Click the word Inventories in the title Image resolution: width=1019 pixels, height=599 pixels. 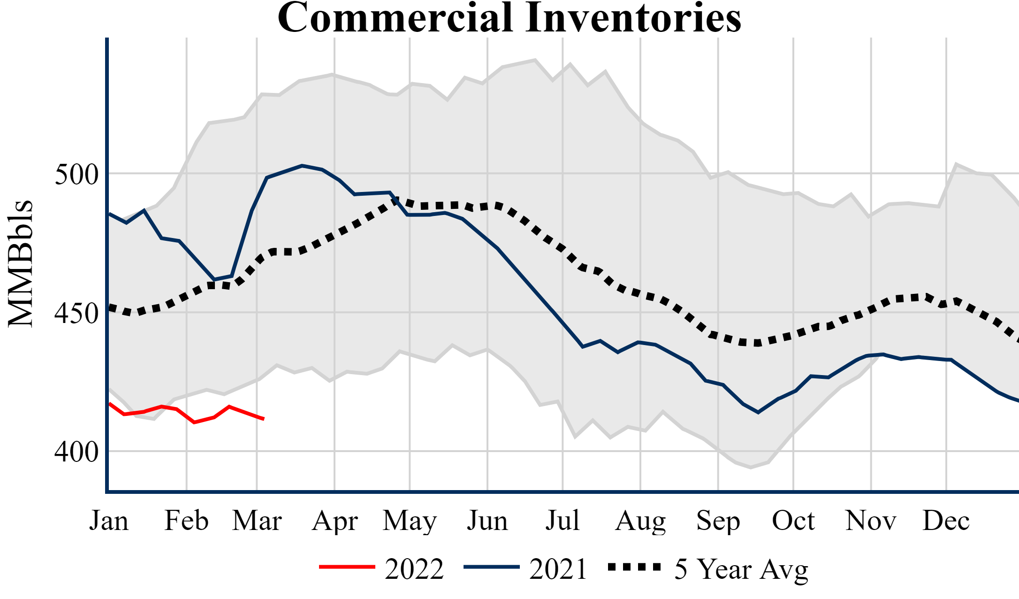[x=633, y=18]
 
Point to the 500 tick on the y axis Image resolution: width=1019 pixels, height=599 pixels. [x=76, y=175]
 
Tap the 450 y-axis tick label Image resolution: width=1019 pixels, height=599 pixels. [x=76, y=313]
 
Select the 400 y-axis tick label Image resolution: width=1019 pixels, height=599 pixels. [x=76, y=452]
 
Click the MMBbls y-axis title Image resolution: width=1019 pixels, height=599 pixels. [x=21, y=263]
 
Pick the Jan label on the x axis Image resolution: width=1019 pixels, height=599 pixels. [x=109, y=521]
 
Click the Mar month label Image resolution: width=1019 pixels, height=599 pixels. [x=257, y=521]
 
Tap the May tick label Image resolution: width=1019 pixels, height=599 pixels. [x=410, y=521]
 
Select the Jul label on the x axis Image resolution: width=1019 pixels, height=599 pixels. [x=562, y=521]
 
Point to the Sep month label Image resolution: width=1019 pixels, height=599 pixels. [x=718, y=521]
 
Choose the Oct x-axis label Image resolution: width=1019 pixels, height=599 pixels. [x=793, y=521]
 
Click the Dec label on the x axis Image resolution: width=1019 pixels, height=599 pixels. [x=946, y=521]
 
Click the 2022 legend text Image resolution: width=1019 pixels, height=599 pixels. [x=414, y=569]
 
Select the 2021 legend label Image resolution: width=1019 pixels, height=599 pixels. [x=558, y=569]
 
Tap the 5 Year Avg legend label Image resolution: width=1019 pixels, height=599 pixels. [x=741, y=569]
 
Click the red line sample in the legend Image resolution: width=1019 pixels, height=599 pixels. [x=347, y=567]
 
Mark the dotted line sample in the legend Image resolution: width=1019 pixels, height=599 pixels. [x=634, y=567]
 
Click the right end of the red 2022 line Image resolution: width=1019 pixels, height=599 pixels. [x=264, y=419]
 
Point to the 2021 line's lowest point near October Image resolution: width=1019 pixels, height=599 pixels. [x=758, y=413]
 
